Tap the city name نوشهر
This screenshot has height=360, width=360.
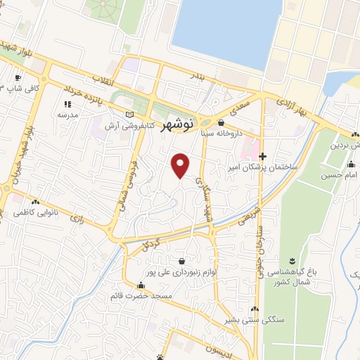[x=176, y=126]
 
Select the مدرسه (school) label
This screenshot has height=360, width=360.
[x=67, y=114]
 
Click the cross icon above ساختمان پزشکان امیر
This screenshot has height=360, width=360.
[x=263, y=156]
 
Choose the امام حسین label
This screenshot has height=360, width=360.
[x=340, y=174]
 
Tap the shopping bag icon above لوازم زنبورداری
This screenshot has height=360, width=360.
[x=182, y=260]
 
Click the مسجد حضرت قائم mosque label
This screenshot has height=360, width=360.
[x=141, y=296]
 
